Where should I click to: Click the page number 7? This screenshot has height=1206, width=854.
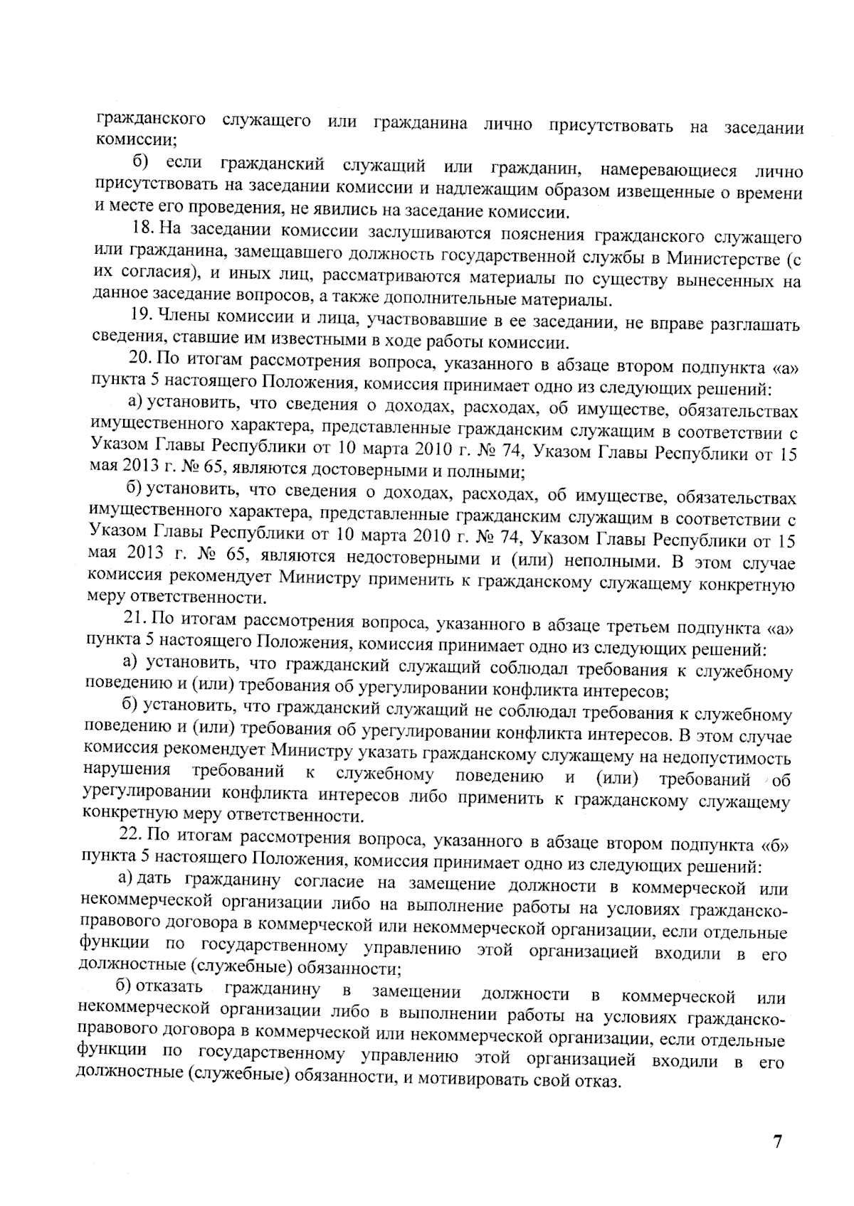[x=777, y=1142]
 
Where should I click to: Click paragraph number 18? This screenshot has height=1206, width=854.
[x=145, y=229]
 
